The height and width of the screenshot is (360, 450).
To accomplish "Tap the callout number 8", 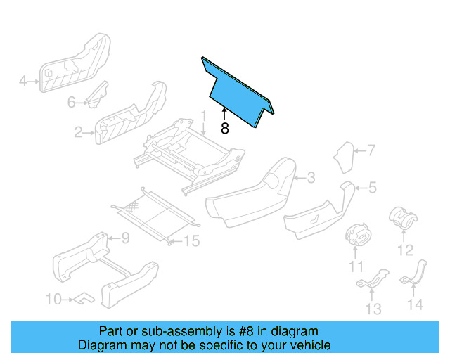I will click(x=224, y=129).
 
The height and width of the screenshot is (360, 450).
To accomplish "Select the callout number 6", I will click(x=71, y=103).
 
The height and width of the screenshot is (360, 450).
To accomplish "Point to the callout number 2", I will click(x=79, y=131).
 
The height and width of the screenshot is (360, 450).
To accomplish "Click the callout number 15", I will click(x=191, y=241).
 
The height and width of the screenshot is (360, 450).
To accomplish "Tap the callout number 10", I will click(x=53, y=300).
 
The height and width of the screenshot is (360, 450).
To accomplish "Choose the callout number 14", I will click(x=416, y=304).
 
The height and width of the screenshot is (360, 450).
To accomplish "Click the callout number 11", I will click(x=356, y=266).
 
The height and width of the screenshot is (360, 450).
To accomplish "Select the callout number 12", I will click(x=405, y=250).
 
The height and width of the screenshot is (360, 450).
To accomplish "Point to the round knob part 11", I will click(x=359, y=234).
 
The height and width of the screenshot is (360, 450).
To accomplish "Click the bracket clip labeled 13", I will click(x=373, y=281).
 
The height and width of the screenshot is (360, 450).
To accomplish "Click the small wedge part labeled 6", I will click(x=96, y=96).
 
